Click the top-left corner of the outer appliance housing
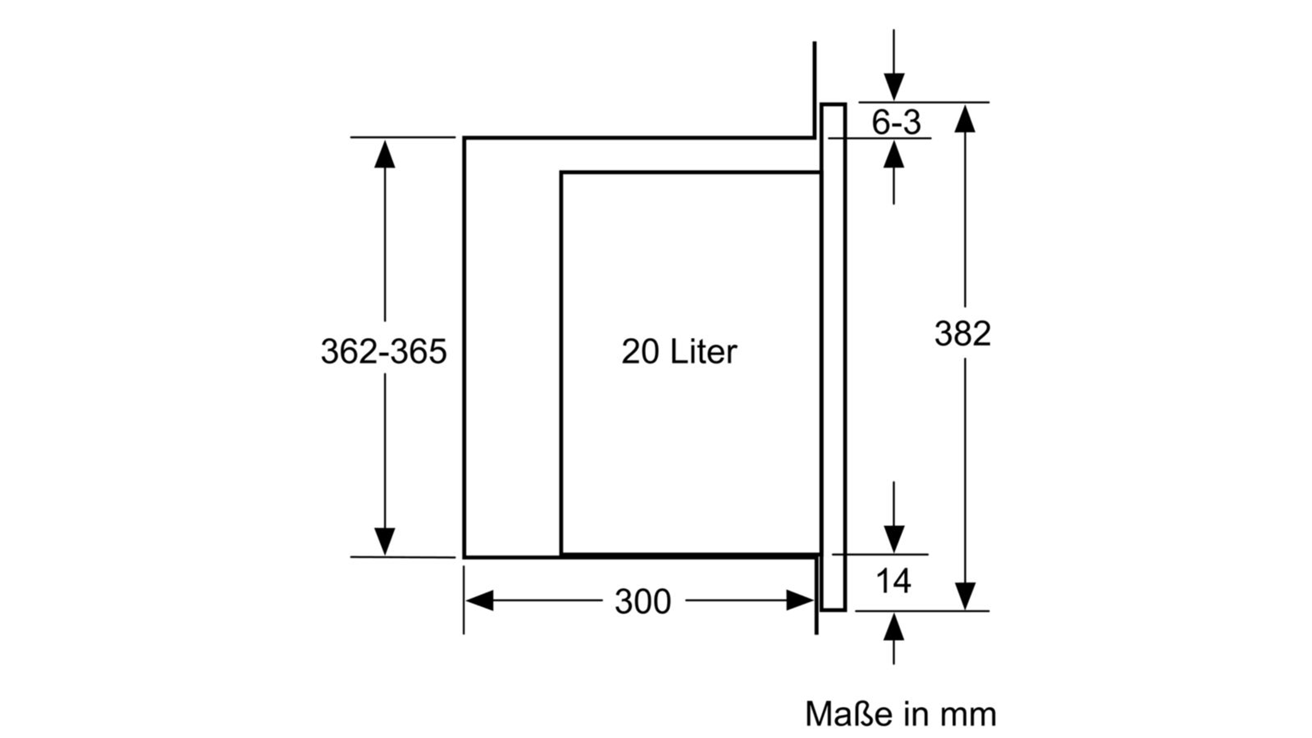pyautogui.click(x=464, y=138)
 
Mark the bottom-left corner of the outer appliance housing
pyautogui.click(x=464, y=557)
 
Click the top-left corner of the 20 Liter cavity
pyautogui.click(x=562, y=173)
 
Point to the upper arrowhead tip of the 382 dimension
pyautogui.click(x=965, y=105)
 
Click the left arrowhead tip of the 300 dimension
pyautogui.click(x=466, y=600)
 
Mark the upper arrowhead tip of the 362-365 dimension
pyautogui.click(x=385, y=140)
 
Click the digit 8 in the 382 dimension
pyautogui.click(x=963, y=334)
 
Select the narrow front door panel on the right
pyautogui.click(x=833, y=357)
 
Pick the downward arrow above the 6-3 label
pyautogui.click(x=894, y=65)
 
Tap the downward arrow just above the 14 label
pyautogui.click(x=894, y=517)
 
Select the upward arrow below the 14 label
pyautogui.click(x=894, y=638)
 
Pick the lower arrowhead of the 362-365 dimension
pyautogui.click(x=385, y=541)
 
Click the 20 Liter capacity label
pyautogui.click(x=679, y=352)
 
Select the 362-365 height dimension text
pyautogui.click(x=384, y=352)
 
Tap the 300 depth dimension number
pyautogui.click(x=643, y=601)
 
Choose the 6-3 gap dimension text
pyautogui.click(x=896, y=122)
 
